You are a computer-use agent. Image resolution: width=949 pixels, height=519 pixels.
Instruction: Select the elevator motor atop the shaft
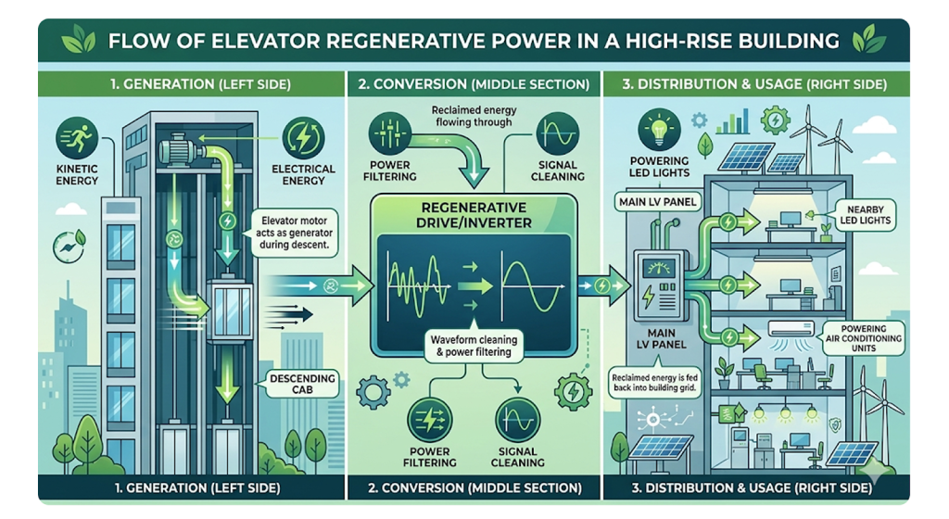coord(180,147)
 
